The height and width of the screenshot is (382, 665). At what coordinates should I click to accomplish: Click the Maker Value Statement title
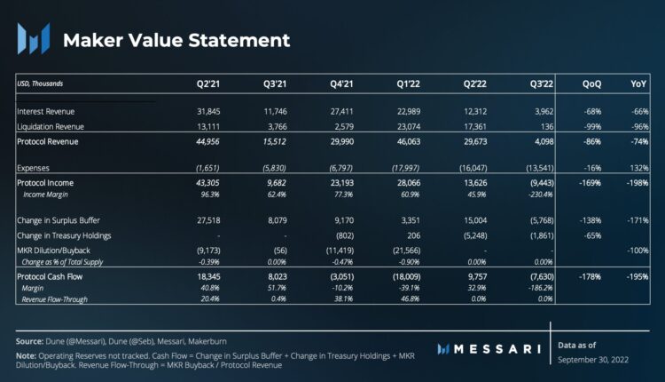[x=176, y=40]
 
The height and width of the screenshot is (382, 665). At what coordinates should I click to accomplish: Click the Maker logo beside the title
[x=34, y=40]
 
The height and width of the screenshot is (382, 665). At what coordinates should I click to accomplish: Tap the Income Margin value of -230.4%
[x=541, y=194]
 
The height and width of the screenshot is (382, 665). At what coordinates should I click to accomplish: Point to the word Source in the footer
[x=30, y=340]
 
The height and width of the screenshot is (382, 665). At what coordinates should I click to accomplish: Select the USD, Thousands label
[x=41, y=84]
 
